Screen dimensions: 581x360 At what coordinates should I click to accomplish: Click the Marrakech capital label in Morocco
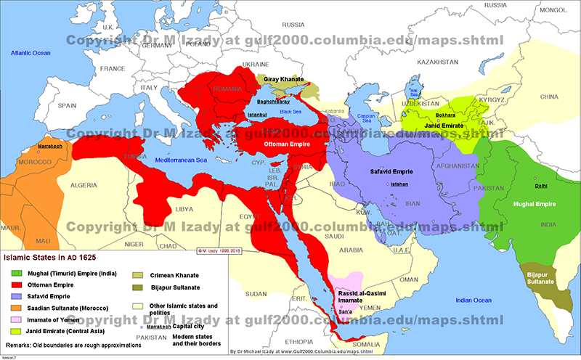(49, 147)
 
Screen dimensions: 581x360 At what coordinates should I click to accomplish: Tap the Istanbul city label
(255, 115)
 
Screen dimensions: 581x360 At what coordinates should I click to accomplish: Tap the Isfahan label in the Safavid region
(400, 184)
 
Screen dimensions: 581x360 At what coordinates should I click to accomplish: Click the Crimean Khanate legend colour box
(137, 275)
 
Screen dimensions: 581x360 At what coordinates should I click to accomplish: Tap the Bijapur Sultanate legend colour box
(137, 288)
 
